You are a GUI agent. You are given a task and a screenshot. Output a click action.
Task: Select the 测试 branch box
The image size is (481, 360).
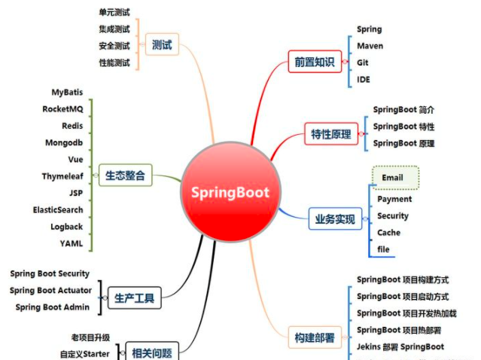click(x=162, y=45)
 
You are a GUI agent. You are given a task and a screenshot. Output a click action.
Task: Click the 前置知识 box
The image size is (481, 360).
click(x=310, y=62)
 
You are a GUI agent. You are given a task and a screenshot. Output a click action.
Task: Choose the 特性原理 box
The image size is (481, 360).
click(x=331, y=134)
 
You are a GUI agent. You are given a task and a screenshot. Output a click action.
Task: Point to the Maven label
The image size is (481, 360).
click(x=370, y=46)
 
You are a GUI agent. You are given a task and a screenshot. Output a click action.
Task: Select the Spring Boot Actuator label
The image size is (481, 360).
click(x=50, y=290)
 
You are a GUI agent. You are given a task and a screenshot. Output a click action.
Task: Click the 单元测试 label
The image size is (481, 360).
click(x=114, y=13)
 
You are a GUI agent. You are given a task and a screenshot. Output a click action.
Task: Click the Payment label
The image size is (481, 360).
click(x=394, y=199)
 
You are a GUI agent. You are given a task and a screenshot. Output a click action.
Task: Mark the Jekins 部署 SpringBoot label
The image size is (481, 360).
click(x=400, y=347)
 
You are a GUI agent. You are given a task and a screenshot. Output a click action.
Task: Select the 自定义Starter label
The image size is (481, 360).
click(x=84, y=353)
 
